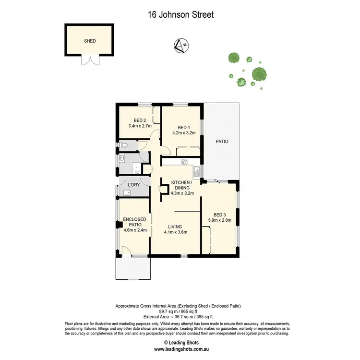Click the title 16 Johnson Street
(x=180, y=15)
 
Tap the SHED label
(x=90, y=41)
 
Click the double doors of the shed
(x=90, y=60)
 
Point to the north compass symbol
(x=181, y=46)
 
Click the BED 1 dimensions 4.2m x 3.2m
(x=184, y=133)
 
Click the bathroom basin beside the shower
(x=122, y=158)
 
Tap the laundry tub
(x=126, y=192)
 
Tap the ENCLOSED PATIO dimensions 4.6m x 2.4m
(x=134, y=229)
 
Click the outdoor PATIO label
(x=221, y=142)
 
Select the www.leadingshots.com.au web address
(x=180, y=349)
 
